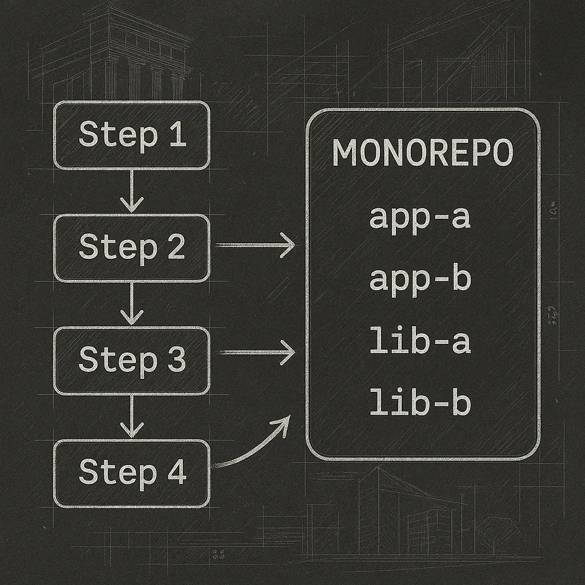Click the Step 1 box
coord(131,135)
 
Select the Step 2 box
coord(131,247)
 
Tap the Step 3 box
coord(131,360)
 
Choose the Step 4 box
coord(131,473)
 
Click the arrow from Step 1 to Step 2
coord(132,191)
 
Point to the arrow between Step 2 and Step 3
coord(132,304)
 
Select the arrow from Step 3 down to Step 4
coord(132,416)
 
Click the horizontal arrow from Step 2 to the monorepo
coord(254,245)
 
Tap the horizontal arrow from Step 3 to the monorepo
coord(254,352)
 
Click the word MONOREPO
coord(423,153)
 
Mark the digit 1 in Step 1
coord(177,135)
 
